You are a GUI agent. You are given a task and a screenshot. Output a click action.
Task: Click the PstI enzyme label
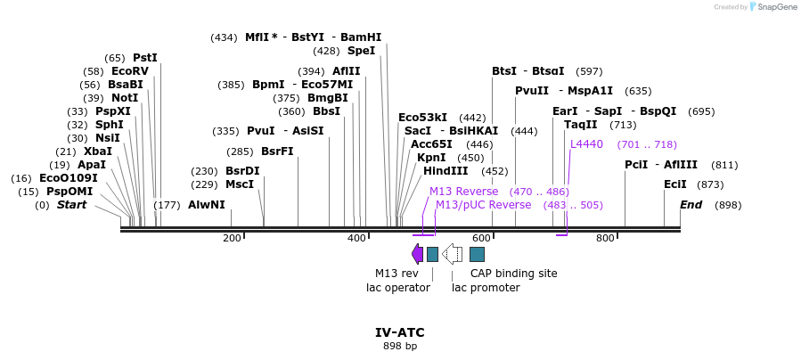[144, 58]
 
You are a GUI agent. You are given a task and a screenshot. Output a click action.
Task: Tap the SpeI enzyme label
[361, 51]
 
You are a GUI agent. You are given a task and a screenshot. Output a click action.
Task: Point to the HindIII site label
[452, 171]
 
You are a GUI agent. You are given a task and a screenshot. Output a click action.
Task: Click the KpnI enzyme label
[431, 158]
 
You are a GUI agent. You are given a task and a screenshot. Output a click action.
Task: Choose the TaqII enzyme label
[581, 125]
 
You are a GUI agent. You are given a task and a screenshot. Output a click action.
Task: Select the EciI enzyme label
[675, 184]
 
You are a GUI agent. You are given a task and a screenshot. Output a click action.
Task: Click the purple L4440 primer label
[586, 144]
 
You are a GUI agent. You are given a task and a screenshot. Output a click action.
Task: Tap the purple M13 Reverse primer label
[464, 192]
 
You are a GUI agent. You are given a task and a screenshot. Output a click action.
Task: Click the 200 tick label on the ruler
[233, 238]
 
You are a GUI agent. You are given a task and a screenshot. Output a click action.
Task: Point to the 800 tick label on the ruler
[605, 238]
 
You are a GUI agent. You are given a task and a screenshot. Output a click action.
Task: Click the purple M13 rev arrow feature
[417, 254]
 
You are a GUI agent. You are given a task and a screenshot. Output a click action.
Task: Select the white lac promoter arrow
[453, 254]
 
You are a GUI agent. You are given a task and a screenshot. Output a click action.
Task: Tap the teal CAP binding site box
[477, 254]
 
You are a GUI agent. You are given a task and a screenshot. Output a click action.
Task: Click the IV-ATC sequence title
[400, 332]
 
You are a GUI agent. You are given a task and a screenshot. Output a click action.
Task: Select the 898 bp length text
[400, 346]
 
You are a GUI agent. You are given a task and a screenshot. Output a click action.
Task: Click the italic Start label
[71, 205]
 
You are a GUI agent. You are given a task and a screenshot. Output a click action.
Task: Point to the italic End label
[691, 205]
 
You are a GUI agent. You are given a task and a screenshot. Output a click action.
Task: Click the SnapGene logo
[772, 7]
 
